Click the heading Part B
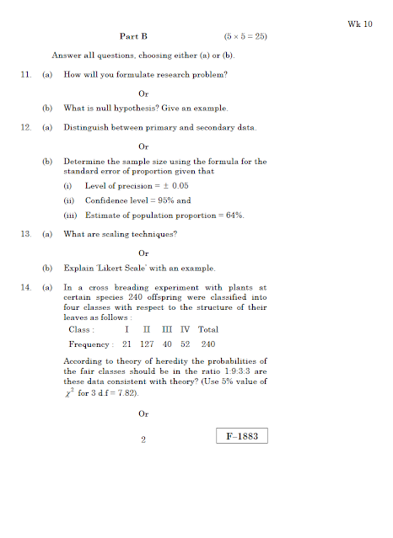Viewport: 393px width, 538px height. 133,37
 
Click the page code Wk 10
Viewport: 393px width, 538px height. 360,24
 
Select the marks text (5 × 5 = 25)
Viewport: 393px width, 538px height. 247,37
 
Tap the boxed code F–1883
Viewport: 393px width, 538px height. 241,436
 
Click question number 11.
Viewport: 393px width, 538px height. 25,75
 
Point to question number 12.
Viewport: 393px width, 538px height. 25,127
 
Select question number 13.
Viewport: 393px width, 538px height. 25,233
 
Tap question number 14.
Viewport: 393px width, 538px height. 25,287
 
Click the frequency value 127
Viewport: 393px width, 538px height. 148,344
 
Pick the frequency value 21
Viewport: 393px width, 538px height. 127,344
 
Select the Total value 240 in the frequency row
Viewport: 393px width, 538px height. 208,344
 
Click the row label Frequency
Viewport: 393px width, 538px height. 89,344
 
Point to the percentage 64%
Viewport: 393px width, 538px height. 234,216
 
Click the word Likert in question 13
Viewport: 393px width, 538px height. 121,269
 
